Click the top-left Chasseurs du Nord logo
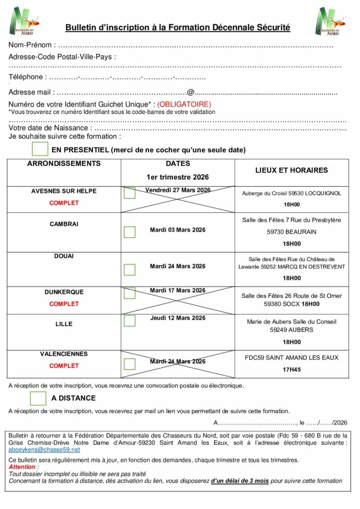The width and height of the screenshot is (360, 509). [24, 21]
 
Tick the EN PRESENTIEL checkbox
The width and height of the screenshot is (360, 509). [40, 149]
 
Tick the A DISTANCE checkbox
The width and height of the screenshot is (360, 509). [38, 398]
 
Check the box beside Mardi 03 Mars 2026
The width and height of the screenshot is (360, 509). [130, 232]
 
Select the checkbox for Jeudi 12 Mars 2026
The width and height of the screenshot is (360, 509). [130, 321]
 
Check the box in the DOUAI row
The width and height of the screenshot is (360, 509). [130, 269]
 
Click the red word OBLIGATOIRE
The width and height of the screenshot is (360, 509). [184, 104]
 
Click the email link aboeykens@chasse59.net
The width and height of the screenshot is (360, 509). [44, 449]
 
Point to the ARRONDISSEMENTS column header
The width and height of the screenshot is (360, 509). [64, 164]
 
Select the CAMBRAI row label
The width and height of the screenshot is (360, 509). [64, 224]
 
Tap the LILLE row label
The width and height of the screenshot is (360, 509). [64, 324]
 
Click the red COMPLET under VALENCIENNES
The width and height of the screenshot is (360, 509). [64, 366]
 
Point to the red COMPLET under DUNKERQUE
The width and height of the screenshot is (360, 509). [64, 304]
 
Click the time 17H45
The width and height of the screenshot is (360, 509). [292, 370]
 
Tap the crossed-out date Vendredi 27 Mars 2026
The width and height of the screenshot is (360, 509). [178, 190]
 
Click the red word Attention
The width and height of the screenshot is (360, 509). [22, 467]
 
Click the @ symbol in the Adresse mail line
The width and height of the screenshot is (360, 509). [190, 92]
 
